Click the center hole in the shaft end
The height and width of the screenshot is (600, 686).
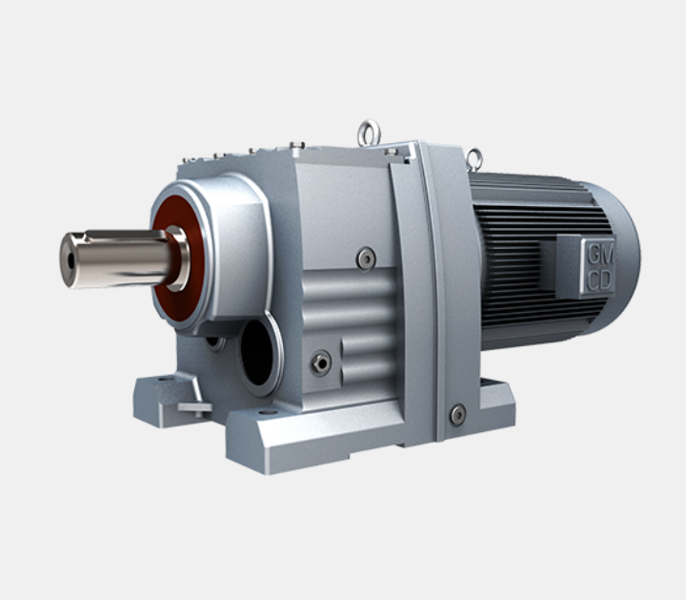point(71,261)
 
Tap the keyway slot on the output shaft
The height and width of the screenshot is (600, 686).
point(126,237)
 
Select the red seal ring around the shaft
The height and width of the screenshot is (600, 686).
point(178,260)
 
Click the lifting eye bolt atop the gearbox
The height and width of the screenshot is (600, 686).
point(370,133)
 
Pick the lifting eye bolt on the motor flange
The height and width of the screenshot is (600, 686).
point(474,159)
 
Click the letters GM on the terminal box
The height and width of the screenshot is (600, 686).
point(600,255)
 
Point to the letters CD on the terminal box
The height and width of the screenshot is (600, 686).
point(600,280)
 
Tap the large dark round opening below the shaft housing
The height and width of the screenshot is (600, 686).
point(257,353)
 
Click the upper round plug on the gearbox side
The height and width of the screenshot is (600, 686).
point(366,259)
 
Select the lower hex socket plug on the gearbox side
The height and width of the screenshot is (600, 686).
point(321,363)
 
